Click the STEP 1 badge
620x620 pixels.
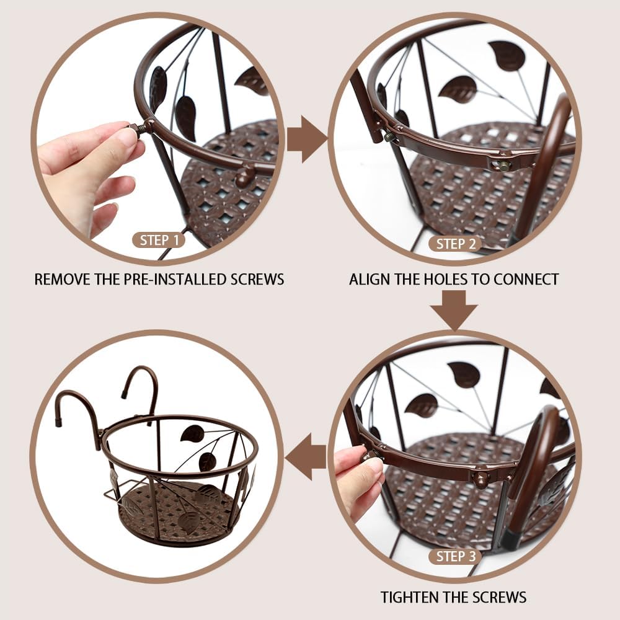point(159,240)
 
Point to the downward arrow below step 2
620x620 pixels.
point(454,309)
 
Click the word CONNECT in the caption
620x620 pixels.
point(526,279)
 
